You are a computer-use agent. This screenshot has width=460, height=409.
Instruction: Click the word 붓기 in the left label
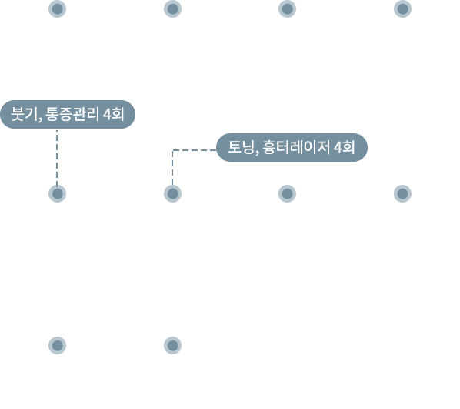point(25,114)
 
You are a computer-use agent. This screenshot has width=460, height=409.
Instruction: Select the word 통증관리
point(72,114)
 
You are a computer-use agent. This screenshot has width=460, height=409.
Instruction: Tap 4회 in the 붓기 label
point(114,114)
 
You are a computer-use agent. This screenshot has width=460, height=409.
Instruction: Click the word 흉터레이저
point(296,147)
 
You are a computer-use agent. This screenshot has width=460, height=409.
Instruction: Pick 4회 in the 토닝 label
point(345,147)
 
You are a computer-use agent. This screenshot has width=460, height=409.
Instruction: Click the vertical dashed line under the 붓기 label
point(57,157)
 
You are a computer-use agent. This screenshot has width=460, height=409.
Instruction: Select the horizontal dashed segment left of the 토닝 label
point(194,150)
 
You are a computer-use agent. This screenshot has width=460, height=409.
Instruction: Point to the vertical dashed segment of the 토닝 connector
point(172,167)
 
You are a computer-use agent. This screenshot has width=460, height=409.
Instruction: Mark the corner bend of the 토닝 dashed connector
point(172,150)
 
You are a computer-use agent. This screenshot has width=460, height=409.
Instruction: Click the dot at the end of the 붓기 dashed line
point(57,193)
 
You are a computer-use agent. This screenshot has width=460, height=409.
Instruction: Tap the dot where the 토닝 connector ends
point(172,193)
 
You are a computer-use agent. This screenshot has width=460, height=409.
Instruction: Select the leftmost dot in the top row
point(57,8)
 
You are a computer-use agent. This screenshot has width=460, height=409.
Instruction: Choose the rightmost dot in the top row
point(402,8)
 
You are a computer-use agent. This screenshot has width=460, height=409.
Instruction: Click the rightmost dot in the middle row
point(402,193)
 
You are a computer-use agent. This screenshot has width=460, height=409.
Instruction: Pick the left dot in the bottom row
point(57,345)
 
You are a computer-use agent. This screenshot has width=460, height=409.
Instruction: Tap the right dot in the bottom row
point(172,345)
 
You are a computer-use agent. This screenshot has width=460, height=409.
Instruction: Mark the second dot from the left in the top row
point(172,8)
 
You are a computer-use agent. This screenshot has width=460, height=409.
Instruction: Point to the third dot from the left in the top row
point(287,8)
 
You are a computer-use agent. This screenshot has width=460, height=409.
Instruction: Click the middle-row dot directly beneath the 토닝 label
point(287,193)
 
